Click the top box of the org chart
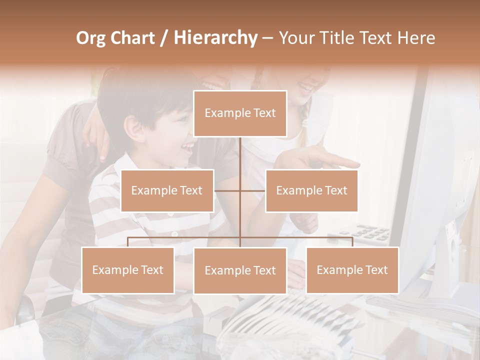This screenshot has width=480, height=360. pos(240,113)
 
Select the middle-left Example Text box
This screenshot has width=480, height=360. pos(167,190)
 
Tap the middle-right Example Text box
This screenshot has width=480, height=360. pos(311,190)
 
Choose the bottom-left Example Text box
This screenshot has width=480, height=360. pos(128,270)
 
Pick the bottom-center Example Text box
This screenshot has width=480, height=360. pos(240,270)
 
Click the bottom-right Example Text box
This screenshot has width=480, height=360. pos(352,270)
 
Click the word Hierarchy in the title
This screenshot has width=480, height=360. pos(215,38)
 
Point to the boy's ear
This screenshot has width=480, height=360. pos(133,129)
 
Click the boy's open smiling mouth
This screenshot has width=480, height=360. pos(187,147)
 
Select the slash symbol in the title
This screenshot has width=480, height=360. pos(163,38)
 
